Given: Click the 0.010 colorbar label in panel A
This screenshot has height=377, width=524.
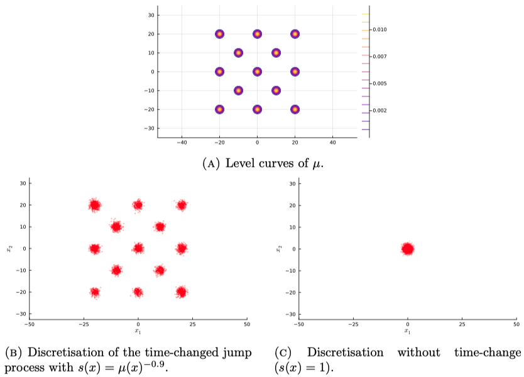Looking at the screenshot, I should coord(379,30).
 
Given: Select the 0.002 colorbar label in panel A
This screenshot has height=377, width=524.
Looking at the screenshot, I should coord(379,111).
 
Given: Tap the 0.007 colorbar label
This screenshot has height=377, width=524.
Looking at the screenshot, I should coord(379,57).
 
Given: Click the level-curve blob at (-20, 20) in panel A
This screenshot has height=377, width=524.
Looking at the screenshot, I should coord(219,34).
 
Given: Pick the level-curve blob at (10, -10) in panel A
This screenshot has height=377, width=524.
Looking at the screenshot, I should coord(276,90).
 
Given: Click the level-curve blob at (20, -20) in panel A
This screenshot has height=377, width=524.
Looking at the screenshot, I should coord(295,109).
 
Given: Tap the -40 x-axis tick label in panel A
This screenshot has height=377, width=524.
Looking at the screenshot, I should coord(182,143).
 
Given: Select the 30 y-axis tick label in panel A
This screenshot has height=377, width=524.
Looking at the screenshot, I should coord(151,15).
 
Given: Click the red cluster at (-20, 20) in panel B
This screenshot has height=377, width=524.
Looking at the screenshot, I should coord(95,205).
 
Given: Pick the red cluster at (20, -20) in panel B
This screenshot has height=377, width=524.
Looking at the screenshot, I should coord(182,292).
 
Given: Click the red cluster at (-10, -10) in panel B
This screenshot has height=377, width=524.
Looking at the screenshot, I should coord(116,270).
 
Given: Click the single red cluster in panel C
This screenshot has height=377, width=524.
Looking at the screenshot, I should coord(407,249).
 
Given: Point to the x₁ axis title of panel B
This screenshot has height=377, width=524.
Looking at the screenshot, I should coord(138,331).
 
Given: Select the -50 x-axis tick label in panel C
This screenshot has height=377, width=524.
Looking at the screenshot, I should coord(298,324).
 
